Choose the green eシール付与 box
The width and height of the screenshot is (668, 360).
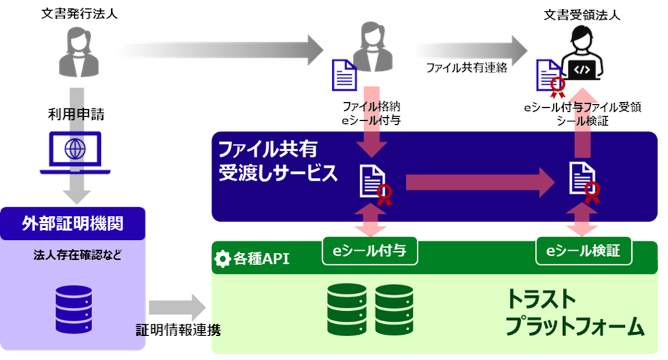369,251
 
